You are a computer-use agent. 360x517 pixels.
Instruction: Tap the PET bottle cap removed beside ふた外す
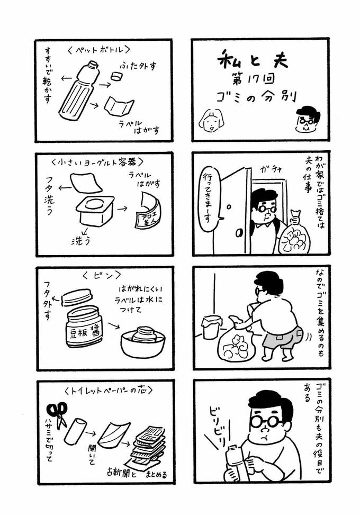(x=116, y=76)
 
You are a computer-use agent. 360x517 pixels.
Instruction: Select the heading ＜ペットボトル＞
(x=99, y=50)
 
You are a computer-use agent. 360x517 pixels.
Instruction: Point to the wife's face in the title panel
(x=211, y=120)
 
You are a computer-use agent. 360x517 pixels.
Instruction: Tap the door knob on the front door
(x=237, y=233)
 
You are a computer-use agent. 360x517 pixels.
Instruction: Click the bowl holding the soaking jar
(x=142, y=343)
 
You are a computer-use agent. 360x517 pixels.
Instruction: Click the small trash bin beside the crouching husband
(x=212, y=326)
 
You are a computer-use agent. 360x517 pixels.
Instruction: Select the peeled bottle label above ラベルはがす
(x=119, y=106)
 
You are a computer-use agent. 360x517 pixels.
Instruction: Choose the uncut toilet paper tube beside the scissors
(x=76, y=431)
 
